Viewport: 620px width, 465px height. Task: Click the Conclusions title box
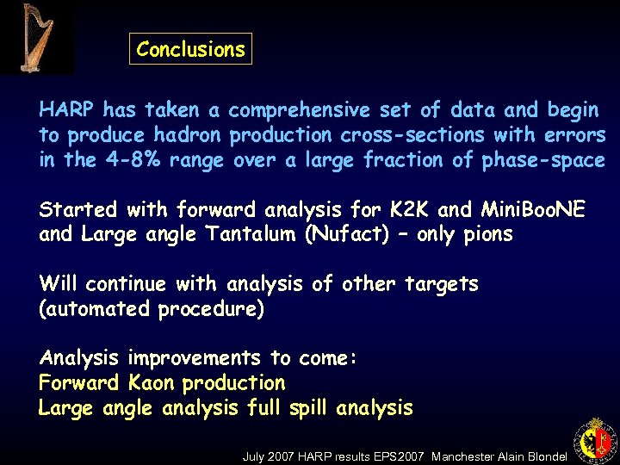190,49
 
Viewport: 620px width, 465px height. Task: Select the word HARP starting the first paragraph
67,110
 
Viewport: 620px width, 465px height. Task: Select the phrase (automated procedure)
152,309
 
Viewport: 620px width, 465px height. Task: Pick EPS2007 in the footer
400,456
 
